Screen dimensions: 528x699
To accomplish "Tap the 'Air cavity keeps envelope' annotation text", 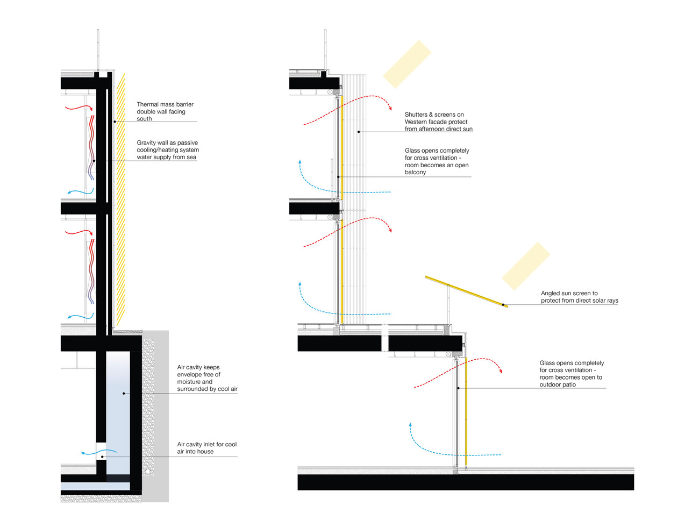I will [207, 378].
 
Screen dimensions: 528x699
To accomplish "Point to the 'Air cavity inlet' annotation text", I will [206, 448].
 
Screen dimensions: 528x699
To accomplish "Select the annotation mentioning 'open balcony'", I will [437, 161].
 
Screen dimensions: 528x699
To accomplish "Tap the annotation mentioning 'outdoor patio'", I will [572, 374].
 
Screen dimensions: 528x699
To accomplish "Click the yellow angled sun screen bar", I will [466, 291].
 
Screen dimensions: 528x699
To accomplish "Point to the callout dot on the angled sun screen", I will [504, 305].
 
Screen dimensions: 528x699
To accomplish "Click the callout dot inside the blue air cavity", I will [124, 394].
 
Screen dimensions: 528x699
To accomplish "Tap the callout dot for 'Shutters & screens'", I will [359, 132].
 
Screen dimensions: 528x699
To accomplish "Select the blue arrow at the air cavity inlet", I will [99, 452].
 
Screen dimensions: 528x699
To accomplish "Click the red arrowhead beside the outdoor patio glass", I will [501, 370].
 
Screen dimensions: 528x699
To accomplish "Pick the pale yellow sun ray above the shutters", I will [407, 64].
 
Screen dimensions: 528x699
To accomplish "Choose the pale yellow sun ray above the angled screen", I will [526, 266].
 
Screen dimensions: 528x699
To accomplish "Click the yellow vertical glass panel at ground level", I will [466, 411].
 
